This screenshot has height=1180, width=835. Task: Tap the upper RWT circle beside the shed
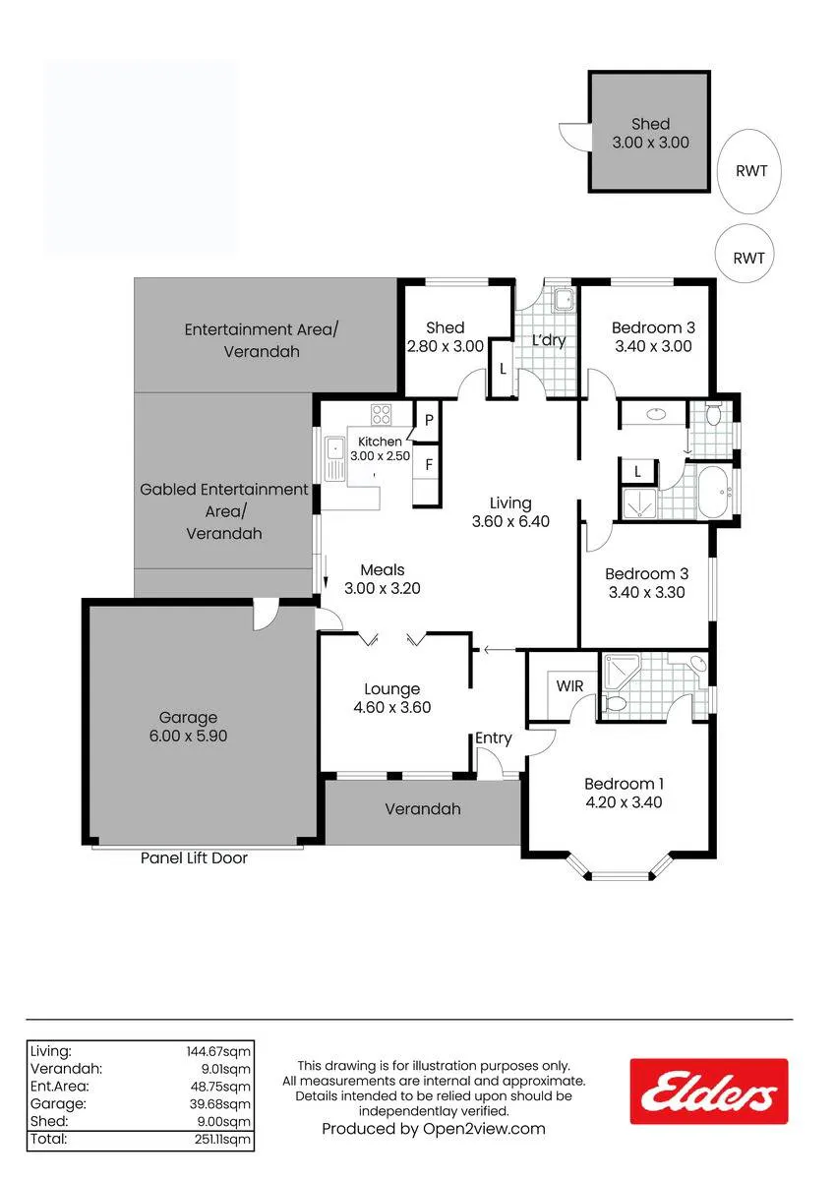pyautogui.click(x=748, y=171)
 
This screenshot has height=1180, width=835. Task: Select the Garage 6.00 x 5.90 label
pyautogui.click(x=188, y=727)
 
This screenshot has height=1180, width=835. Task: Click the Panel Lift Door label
pyautogui.click(x=194, y=858)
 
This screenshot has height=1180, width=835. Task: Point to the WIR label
pyautogui.click(x=569, y=686)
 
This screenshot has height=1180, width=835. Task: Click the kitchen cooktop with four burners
pyautogui.click(x=381, y=414)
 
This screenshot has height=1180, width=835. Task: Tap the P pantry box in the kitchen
pyautogui.click(x=429, y=421)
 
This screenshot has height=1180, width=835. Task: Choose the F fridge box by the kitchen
pyautogui.click(x=428, y=464)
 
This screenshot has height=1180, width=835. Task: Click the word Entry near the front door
pyautogui.click(x=493, y=738)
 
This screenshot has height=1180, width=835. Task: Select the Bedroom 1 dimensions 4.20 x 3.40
pyautogui.click(x=624, y=802)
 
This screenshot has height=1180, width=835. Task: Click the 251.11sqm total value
pyautogui.click(x=222, y=1140)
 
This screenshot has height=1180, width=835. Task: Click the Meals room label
pyautogui.click(x=383, y=569)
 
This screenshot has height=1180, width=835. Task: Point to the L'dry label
pyautogui.click(x=549, y=340)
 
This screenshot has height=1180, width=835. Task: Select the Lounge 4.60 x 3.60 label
pyautogui.click(x=392, y=698)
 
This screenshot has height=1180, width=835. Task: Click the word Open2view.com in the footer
pyautogui.click(x=484, y=1129)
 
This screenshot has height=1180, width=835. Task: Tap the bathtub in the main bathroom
pyautogui.click(x=715, y=492)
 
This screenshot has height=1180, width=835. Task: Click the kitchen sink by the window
pyautogui.click(x=333, y=458)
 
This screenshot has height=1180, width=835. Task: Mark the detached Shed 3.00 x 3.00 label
pyautogui.click(x=651, y=134)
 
